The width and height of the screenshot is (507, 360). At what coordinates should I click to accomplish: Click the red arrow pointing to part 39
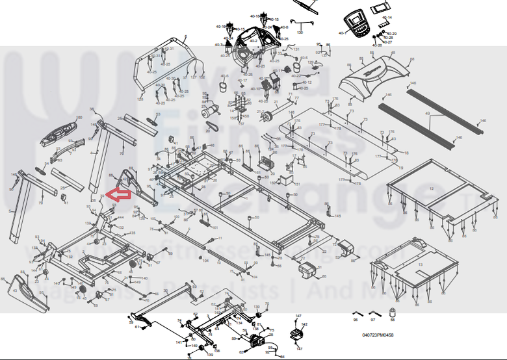click(x=120, y=194)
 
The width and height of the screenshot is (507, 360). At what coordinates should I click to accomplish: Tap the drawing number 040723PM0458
click(x=378, y=336)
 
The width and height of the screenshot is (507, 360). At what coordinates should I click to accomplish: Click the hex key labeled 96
click(x=357, y=313)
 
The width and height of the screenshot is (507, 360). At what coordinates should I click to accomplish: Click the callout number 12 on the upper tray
click(x=432, y=188)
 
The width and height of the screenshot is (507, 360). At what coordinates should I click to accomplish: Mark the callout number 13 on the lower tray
click(x=420, y=265)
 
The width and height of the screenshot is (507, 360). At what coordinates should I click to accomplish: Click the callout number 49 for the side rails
click(x=428, y=113)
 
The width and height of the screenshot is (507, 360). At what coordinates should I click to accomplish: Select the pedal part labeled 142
click(x=297, y=333)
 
